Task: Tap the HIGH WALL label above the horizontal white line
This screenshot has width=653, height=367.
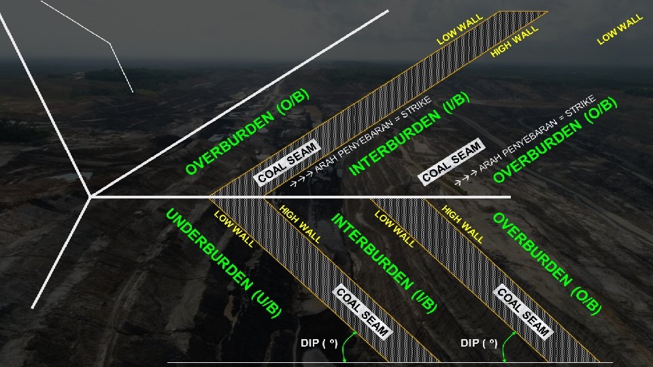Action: pyautogui.click(x=514, y=41)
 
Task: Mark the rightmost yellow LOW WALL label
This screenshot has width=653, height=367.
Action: pyautogui.click(x=620, y=29)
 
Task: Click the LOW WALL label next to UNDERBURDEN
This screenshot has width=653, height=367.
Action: pyautogui.click(x=235, y=229)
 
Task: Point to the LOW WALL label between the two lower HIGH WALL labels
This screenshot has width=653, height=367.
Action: pyautogui.click(x=395, y=228)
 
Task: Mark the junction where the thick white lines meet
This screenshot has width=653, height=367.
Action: pyautogui.click(x=90, y=197)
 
